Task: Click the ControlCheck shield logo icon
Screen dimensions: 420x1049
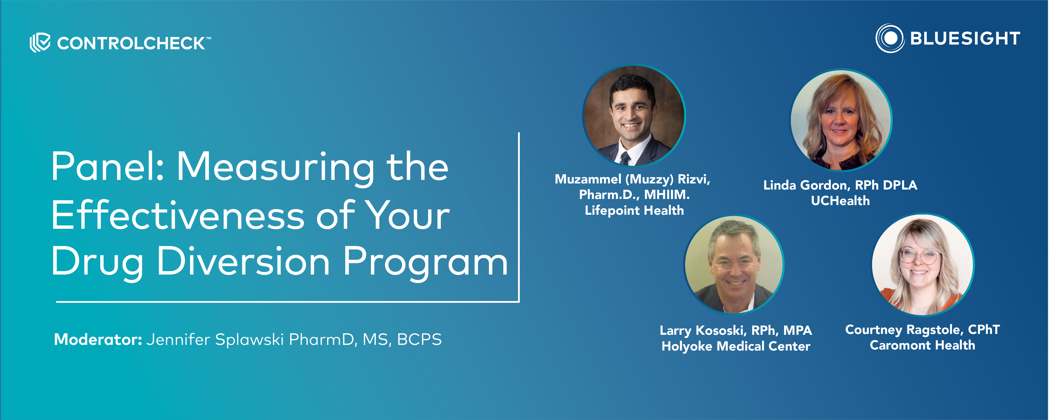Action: pos(40,42)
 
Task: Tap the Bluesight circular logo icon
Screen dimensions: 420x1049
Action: pos(890,38)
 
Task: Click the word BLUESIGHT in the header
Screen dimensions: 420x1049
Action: pos(965,38)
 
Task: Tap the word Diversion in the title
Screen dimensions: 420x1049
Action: pos(243,262)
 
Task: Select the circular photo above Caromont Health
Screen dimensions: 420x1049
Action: pos(923,265)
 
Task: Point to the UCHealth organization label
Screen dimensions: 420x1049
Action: pos(840,201)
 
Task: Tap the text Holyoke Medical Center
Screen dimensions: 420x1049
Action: pos(735,346)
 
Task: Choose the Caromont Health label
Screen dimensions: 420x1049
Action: pos(922,345)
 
